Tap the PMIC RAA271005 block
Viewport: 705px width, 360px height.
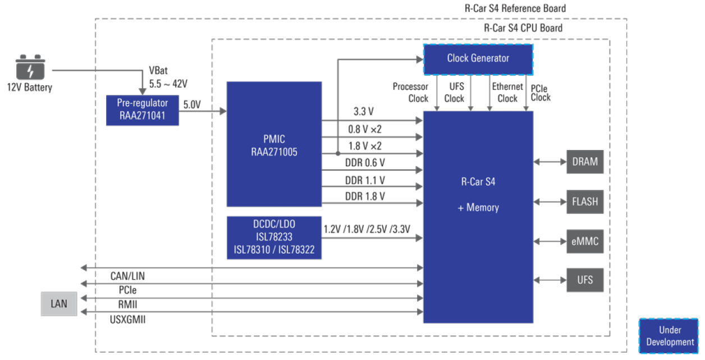[x=274, y=144]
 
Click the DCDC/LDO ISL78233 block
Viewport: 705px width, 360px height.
[x=274, y=237]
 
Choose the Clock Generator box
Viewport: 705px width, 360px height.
[x=478, y=58]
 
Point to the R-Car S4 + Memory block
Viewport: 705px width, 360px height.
[x=478, y=194]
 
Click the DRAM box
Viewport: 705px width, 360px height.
[x=585, y=162]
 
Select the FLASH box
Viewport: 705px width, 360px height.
[x=585, y=202]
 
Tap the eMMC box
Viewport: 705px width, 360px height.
[x=585, y=242]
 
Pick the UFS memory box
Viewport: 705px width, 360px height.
[x=585, y=279]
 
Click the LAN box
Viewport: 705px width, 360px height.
[x=59, y=304]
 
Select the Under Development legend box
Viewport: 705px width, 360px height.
[x=669, y=336]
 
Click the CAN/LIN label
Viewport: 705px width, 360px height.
[x=127, y=276]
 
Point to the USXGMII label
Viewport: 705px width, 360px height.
[x=127, y=318]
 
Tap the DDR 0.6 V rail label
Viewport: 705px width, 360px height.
[x=365, y=163]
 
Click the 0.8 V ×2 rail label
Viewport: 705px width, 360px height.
[x=365, y=129]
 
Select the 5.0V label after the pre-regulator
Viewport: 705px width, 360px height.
[x=192, y=104]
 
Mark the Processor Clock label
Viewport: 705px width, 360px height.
[x=410, y=92]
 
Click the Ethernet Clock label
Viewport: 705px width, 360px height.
[x=507, y=92]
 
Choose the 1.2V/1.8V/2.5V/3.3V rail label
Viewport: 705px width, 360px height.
[x=367, y=229]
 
